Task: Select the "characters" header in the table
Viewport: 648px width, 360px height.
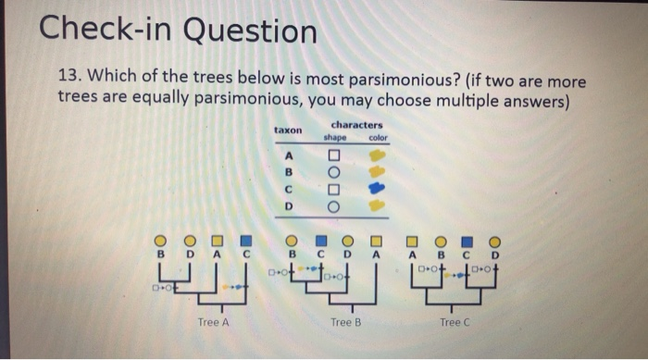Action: click(x=355, y=125)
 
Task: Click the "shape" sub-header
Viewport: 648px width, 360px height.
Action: click(x=334, y=138)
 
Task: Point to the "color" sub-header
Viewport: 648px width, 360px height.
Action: click(x=379, y=138)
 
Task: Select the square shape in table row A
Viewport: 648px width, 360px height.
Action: click(x=334, y=154)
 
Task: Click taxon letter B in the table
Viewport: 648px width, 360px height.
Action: click(x=289, y=170)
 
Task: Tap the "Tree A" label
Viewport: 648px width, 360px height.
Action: click(x=214, y=322)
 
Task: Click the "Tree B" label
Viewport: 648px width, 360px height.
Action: click(x=344, y=322)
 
